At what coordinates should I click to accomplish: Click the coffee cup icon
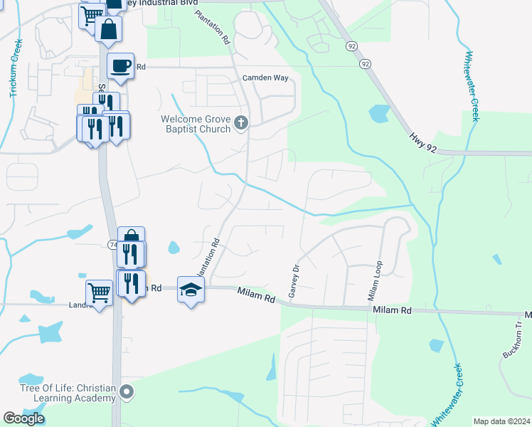pos(120,65)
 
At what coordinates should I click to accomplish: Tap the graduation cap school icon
pos(191,289)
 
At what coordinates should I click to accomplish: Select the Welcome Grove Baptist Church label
pos(196,124)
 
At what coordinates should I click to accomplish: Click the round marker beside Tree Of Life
pos(127,391)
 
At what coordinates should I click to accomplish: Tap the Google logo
pos(24,418)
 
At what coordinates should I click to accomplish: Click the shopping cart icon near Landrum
pos(98,290)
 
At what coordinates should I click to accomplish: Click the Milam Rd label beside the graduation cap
pos(256,293)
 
